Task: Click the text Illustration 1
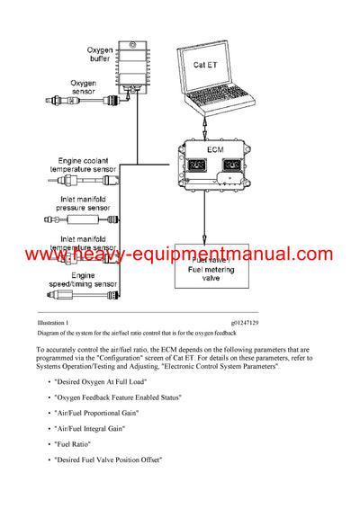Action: coord(55,321)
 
